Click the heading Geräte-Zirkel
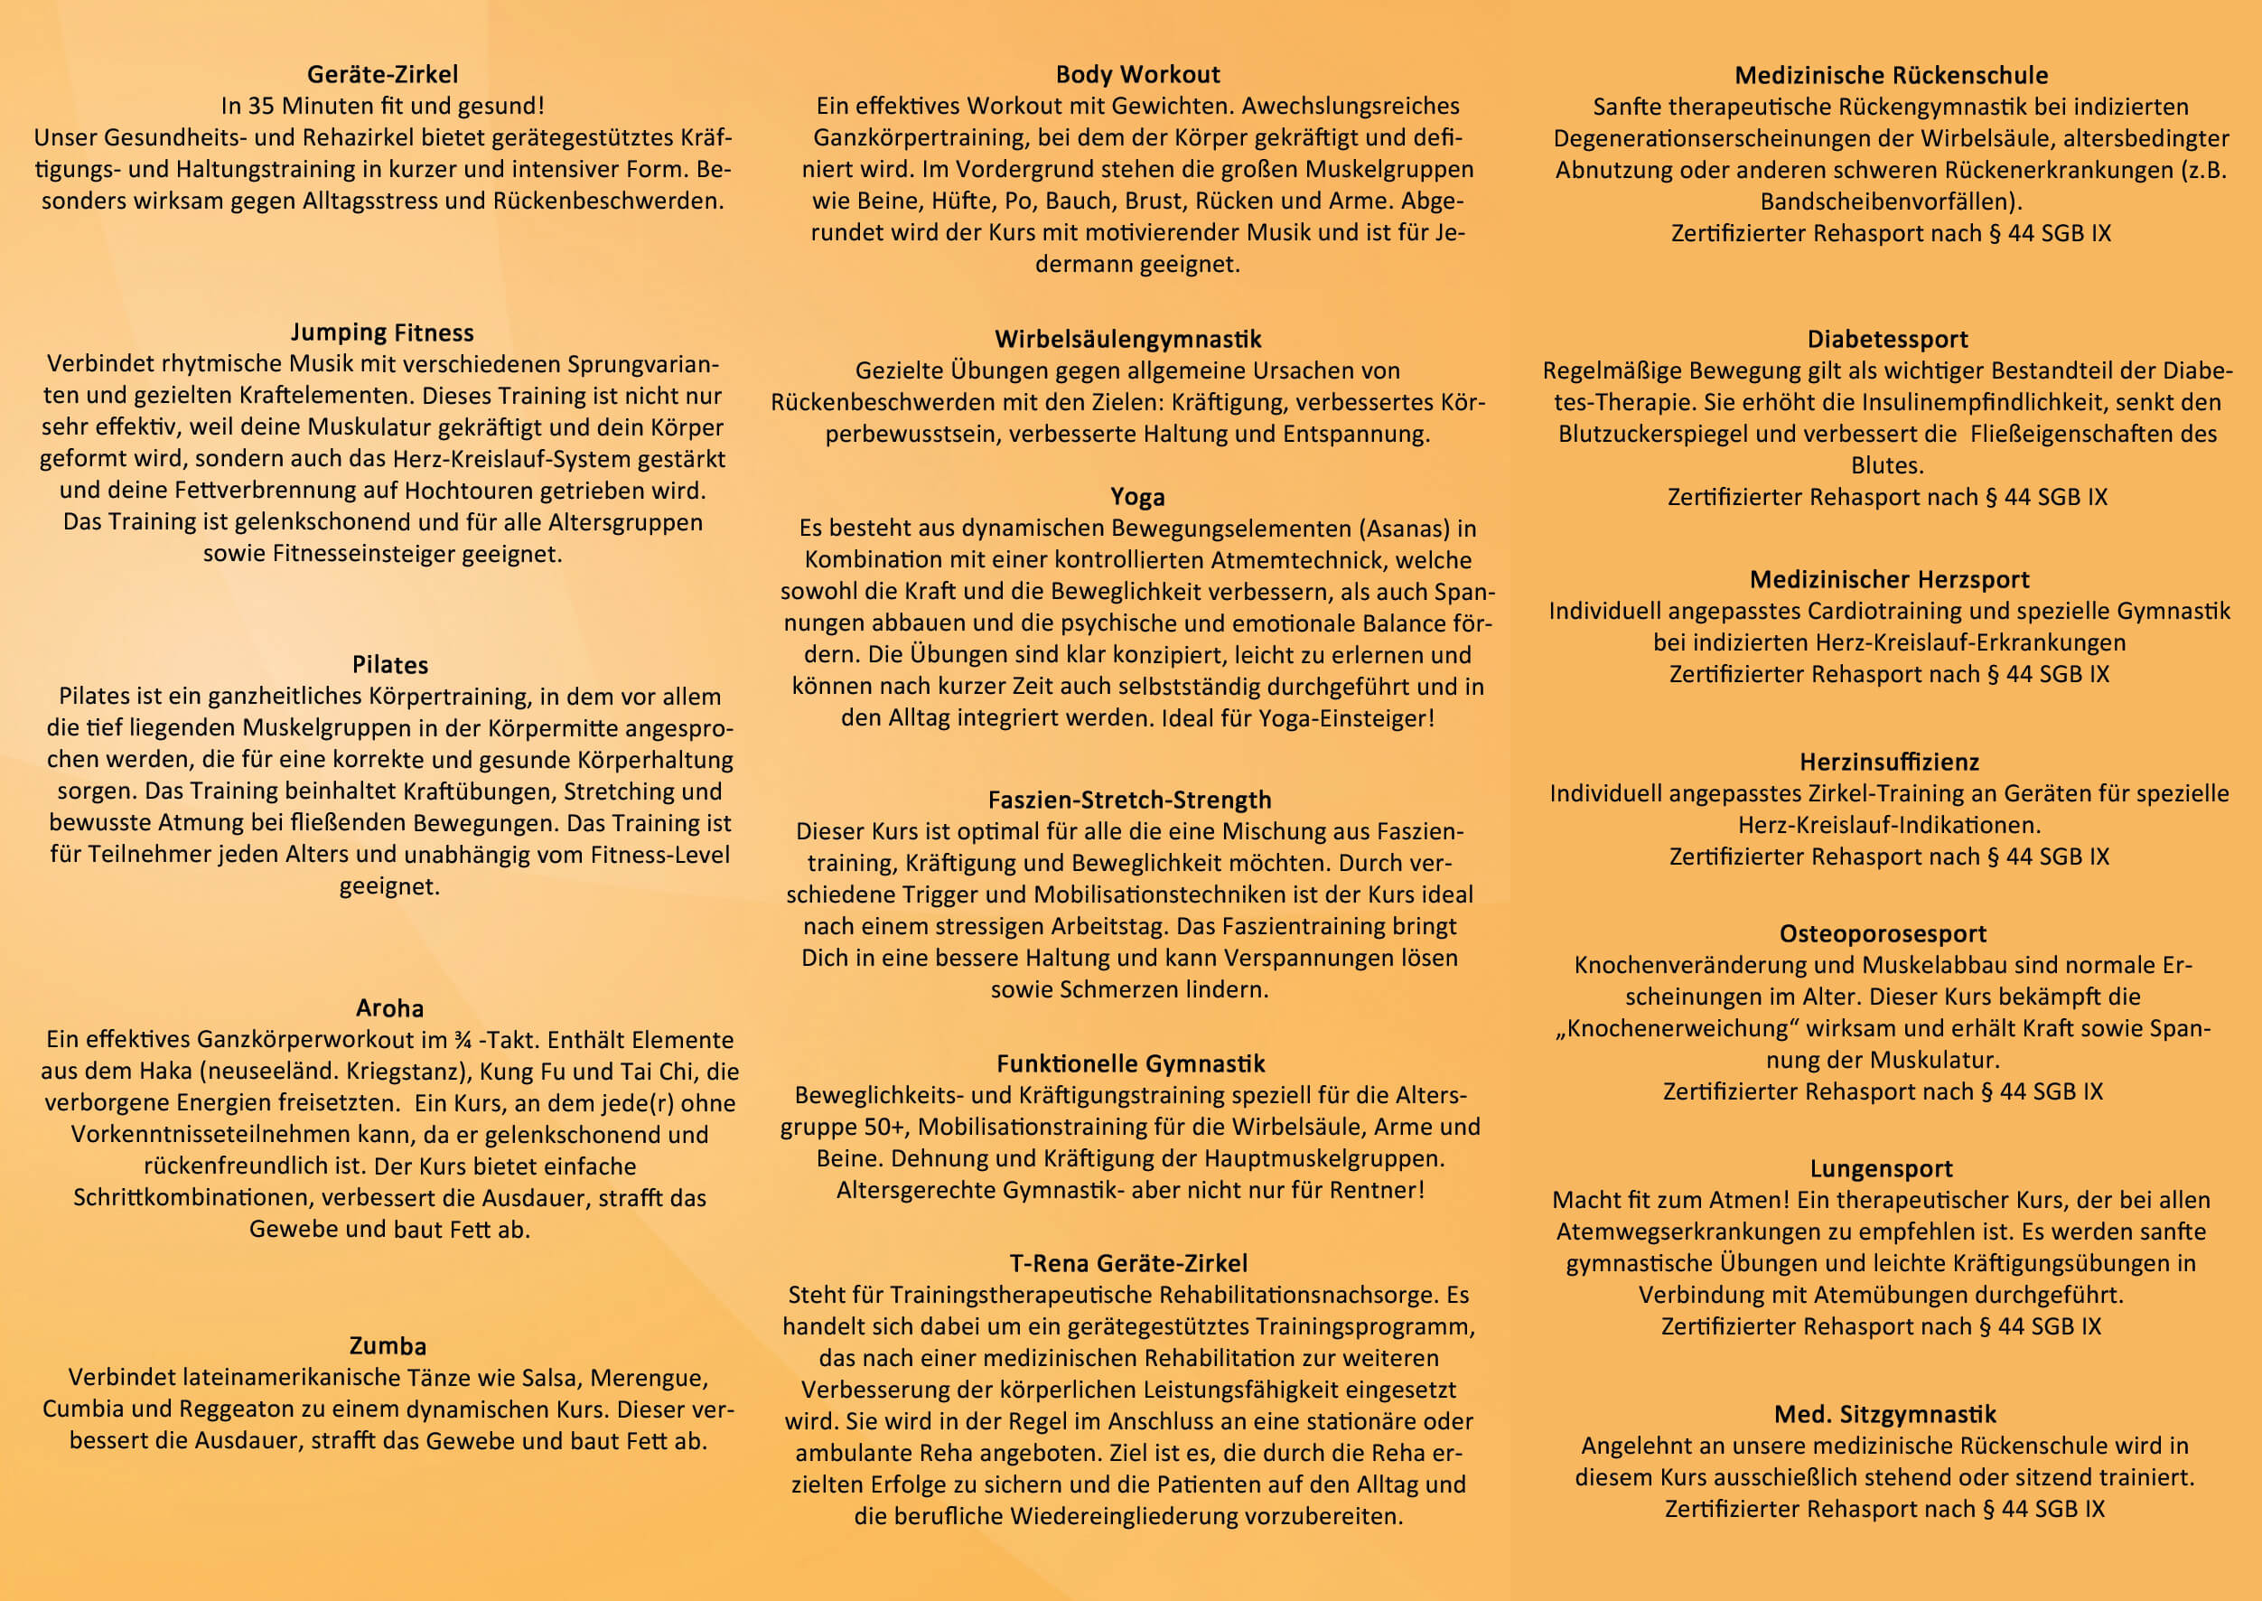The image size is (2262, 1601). point(382,74)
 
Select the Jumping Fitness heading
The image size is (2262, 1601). point(382,332)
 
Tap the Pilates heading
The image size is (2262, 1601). point(390,664)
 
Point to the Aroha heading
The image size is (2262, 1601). point(390,1007)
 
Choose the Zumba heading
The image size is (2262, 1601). point(388,1345)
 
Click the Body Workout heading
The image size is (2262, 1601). point(1137,74)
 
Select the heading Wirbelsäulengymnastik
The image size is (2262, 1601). point(1127,339)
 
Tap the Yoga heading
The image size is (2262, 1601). point(1137,497)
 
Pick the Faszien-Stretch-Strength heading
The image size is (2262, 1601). point(1129,800)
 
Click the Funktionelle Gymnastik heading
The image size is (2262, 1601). point(1130,1063)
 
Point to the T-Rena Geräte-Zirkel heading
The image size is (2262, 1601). point(1128,1263)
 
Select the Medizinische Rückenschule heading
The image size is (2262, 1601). point(1892,75)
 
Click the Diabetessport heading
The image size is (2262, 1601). point(1887,339)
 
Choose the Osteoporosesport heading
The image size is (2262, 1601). point(1883,933)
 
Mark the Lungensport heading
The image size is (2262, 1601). point(1882,1168)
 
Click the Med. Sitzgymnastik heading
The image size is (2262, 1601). point(1885,1415)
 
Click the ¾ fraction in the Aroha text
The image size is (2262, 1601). point(463,1040)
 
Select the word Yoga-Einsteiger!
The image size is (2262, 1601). point(1346,717)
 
